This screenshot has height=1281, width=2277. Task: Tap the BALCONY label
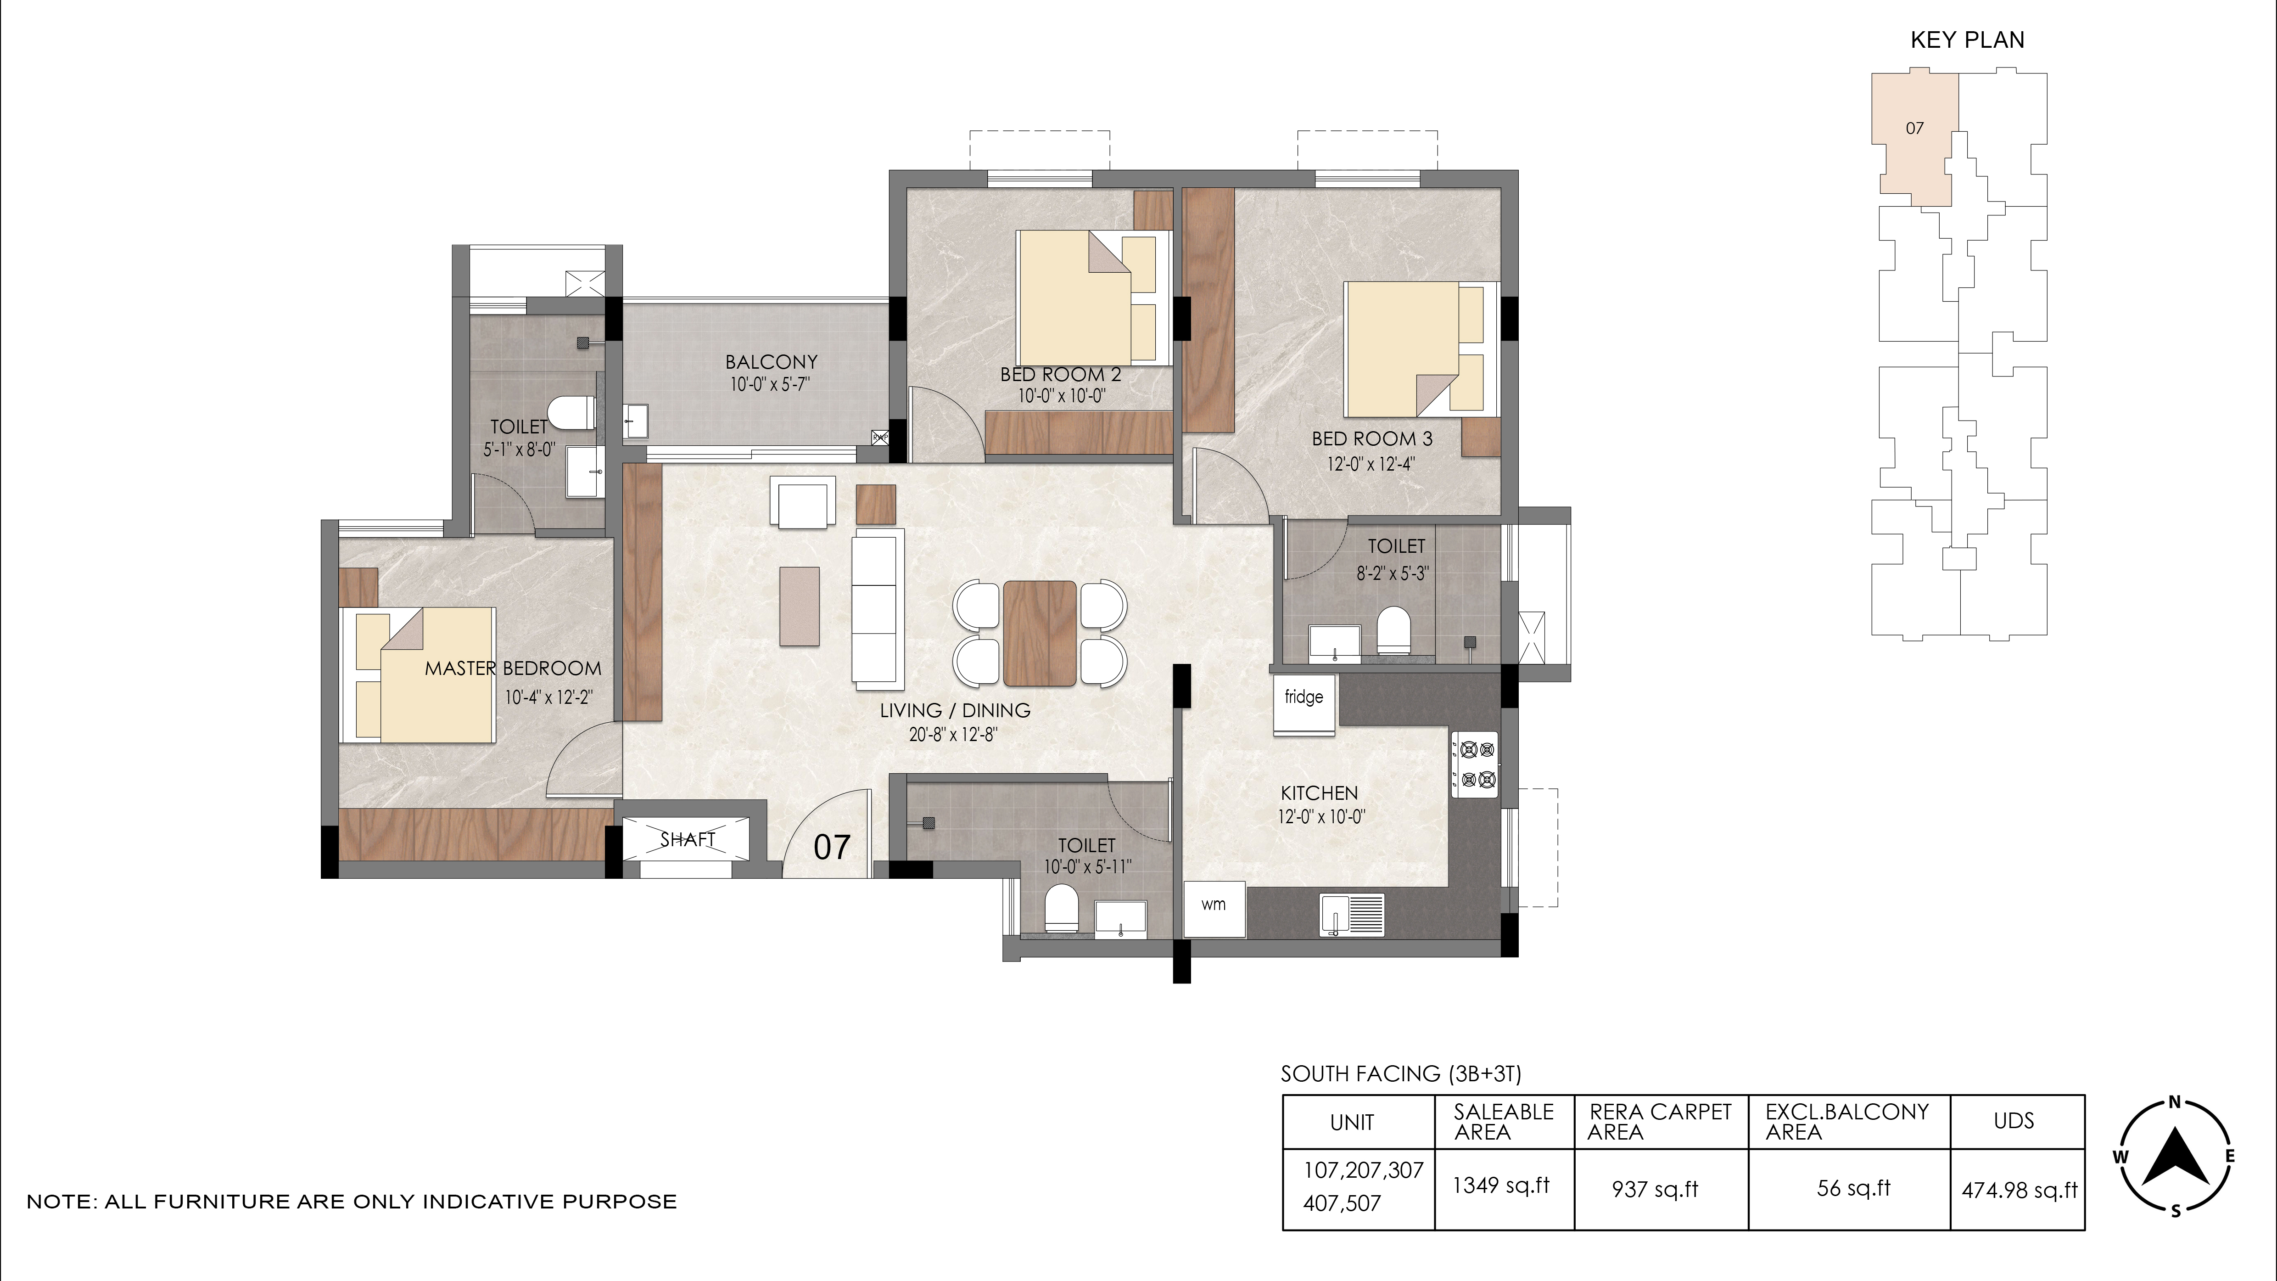771,362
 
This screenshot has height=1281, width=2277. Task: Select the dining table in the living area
1040,633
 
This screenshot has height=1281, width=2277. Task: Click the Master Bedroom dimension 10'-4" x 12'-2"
548,697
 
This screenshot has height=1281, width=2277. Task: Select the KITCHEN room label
1319,793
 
